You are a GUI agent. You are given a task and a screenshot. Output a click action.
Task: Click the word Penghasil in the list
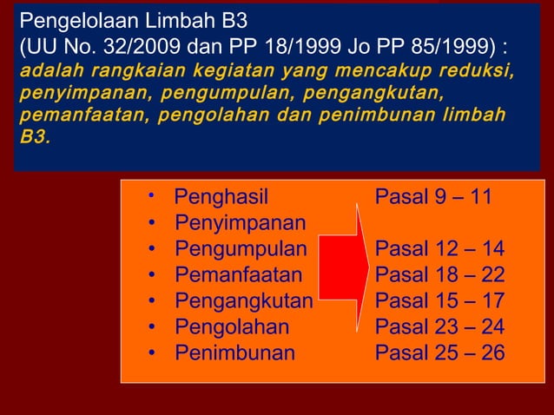(x=221, y=197)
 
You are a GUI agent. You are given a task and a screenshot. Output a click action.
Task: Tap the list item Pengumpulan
(x=241, y=249)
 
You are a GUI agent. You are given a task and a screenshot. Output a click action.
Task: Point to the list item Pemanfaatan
(x=239, y=275)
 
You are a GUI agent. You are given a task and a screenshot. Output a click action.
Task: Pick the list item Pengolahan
(x=232, y=327)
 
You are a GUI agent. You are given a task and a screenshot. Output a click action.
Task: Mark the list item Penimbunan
(x=234, y=353)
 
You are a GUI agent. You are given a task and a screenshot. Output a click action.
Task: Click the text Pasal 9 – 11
(x=433, y=197)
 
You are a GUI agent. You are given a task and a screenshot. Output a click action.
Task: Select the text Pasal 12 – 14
(x=439, y=249)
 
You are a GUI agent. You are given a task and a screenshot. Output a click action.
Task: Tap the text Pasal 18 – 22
(x=439, y=275)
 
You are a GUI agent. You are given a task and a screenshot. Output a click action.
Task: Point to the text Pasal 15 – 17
(x=439, y=301)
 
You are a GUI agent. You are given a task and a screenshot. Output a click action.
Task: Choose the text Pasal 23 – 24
(x=439, y=327)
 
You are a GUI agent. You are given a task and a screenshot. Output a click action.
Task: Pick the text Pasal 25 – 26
(x=439, y=353)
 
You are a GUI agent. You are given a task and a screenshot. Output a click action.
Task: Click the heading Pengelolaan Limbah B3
(x=133, y=20)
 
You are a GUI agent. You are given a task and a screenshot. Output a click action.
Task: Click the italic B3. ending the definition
(x=31, y=137)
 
